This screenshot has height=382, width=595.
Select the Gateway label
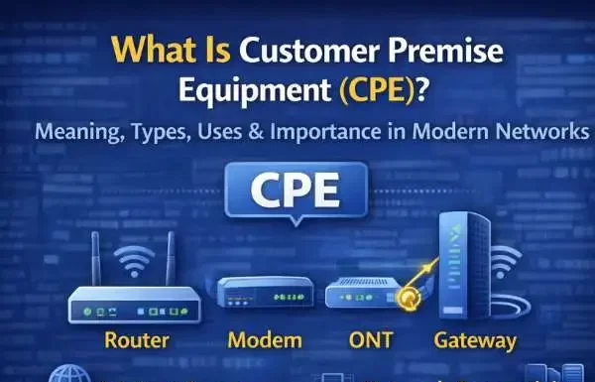pos(475,341)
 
